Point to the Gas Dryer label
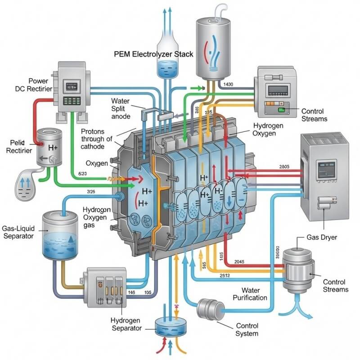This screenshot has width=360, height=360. point(321,237)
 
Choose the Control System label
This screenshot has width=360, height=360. point(247,329)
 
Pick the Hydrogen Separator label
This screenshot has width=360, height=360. point(126,324)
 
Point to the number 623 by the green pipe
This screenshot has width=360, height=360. point(83,173)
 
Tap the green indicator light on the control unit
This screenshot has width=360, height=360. point(282,110)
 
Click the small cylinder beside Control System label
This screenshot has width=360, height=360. point(211,310)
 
